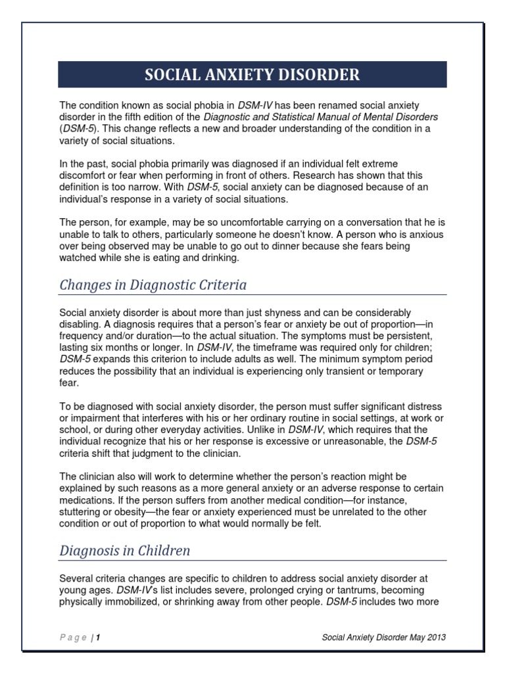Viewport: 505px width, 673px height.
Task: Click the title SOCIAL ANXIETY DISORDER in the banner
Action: tap(252, 74)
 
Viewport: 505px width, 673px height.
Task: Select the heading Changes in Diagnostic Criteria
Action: tap(153, 285)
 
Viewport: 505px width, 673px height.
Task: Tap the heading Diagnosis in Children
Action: tap(124, 551)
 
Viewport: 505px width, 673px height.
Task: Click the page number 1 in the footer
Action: tap(98, 638)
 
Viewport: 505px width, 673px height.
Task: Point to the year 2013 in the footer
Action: tap(438, 638)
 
